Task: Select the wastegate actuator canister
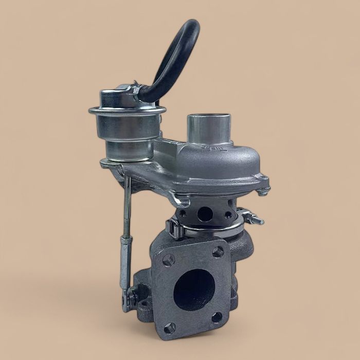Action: click(127, 126)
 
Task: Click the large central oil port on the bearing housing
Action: click(205, 213)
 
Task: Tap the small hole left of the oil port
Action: click(184, 212)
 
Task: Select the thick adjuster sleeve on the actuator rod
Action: click(124, 262)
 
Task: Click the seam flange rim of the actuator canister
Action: click(127, 110)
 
